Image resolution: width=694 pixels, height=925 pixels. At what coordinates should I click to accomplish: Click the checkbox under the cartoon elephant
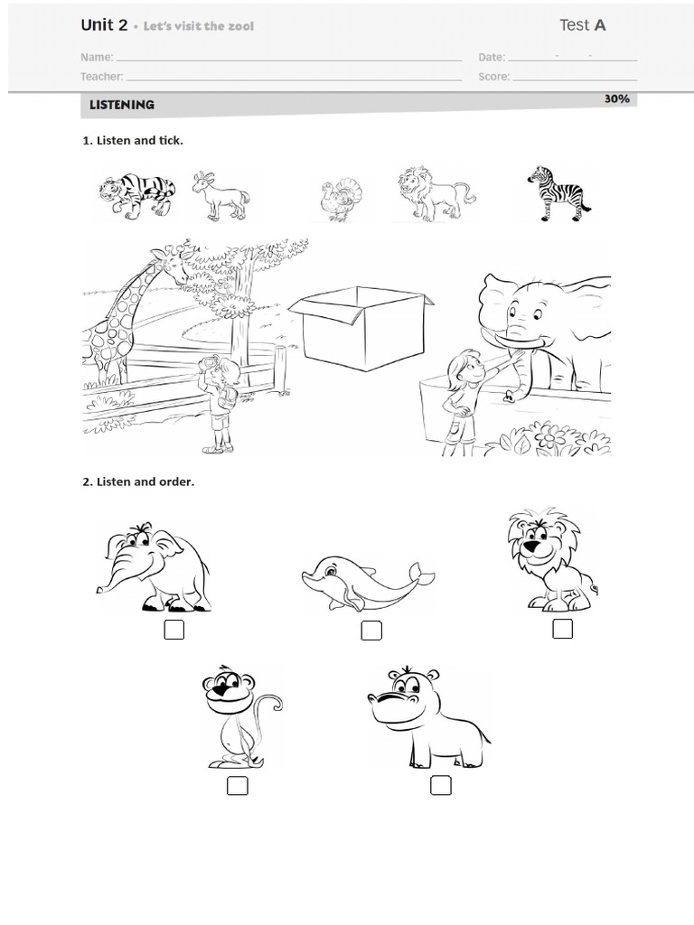coord(173,630)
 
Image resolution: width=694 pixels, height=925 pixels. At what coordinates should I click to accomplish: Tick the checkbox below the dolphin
coord(370,631)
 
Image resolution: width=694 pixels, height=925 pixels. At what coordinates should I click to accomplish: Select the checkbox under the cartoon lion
coord(562,629)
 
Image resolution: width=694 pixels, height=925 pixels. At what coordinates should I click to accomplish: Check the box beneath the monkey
coord(237,786)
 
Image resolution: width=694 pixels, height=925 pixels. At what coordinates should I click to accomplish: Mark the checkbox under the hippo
coord(440,785)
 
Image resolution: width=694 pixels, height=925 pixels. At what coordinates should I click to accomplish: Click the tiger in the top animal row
coord(137,195)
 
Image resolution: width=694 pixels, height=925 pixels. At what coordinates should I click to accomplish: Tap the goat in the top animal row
coord(220,196)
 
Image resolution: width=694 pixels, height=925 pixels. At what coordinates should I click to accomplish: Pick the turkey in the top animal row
coord(341,199)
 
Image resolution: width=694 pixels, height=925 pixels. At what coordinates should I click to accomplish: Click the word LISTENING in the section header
coord(122,105)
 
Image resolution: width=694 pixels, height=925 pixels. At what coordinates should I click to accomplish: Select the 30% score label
coord(617,98)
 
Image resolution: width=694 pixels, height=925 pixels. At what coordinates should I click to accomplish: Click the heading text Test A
coord(582,25)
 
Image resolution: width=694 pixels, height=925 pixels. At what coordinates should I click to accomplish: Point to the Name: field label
coord(97,57)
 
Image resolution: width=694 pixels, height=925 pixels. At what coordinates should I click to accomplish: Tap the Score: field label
coord(493,77)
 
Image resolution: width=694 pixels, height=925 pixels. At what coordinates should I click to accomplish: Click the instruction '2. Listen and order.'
coord(138,481)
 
